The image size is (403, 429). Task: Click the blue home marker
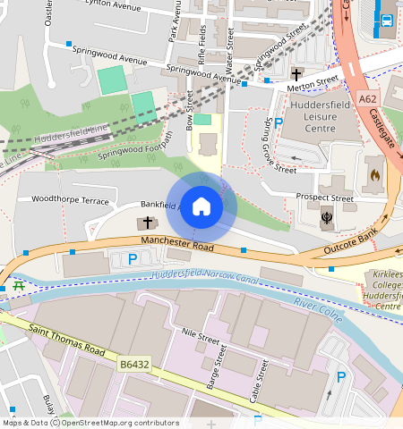pos(201,206)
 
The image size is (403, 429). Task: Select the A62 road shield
pos(366,99)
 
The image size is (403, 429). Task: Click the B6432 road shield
pos(132,365)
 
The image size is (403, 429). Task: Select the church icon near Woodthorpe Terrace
pos(148,222)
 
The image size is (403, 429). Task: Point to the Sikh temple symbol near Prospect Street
pos(325,215)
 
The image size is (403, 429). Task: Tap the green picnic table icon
pos(18,286)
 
